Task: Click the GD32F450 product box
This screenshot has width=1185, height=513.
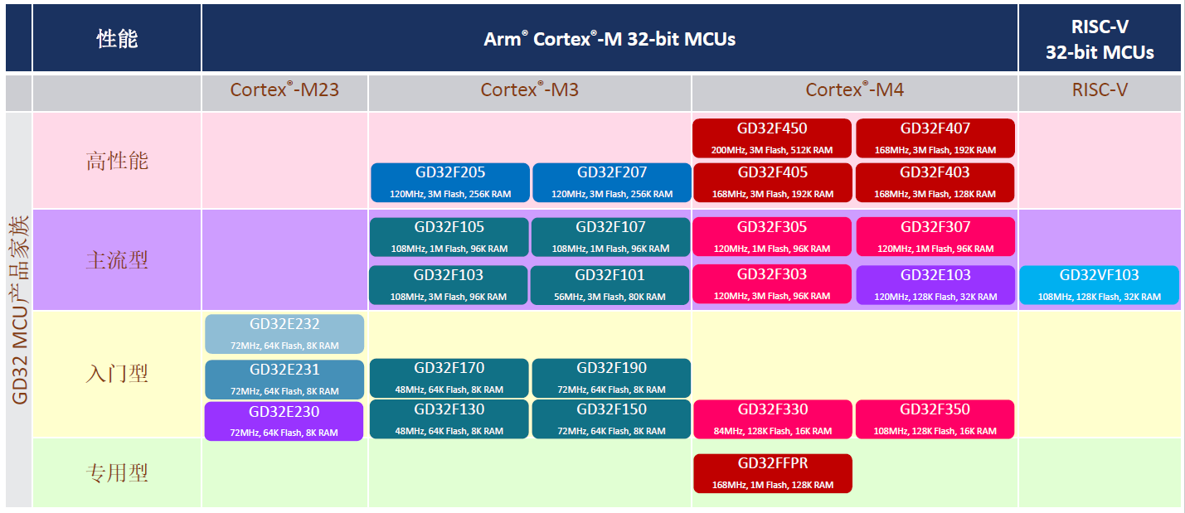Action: tap(772, 138)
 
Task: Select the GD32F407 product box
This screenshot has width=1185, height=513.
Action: tap(935, 138)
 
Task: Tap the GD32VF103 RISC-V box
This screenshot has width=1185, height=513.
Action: tap(1100, 285)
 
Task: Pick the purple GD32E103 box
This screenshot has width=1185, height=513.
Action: tap(935, 285)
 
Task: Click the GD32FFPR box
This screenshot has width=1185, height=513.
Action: tap(773, 473)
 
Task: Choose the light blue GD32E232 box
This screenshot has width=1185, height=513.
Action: tap(284, 334)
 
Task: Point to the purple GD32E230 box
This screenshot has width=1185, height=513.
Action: tap(284, 421)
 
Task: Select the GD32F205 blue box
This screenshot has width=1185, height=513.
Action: tap(450, 182)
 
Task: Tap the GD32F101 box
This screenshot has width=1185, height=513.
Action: tap(610, 285)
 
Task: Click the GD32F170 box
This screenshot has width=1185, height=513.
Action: tap(449, 378)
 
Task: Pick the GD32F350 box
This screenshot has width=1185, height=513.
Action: tap(935, 419)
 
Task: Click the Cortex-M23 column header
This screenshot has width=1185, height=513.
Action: tap(284, 90)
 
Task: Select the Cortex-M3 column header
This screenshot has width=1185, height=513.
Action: tap(530, 90)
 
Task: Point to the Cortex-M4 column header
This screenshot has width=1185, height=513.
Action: tap(855, 90)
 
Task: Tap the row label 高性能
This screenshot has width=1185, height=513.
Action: tap(117, 161)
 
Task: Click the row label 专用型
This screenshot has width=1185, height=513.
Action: tap(117, 473)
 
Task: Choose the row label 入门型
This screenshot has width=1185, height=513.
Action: tap(117, 374)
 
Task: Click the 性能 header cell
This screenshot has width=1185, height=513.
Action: tap(117, 39)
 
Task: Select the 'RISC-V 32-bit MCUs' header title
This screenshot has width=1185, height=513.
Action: tap(1100, 39)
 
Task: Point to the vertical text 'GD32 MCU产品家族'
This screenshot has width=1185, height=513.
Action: tap(19, 310)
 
